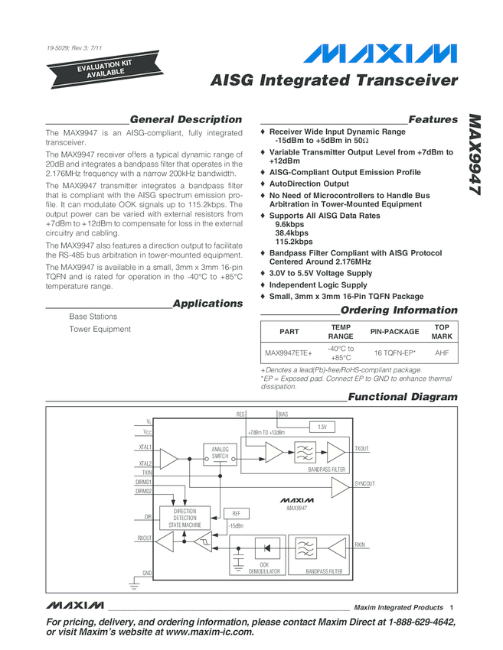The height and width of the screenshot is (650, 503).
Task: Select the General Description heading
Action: coord(186,119)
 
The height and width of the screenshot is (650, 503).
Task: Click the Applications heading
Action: coord(207,304)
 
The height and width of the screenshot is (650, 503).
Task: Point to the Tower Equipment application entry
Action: coord(100,329)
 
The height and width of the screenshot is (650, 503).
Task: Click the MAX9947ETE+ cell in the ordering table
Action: coord(289,353)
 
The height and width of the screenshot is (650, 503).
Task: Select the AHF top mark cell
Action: coord(442,353)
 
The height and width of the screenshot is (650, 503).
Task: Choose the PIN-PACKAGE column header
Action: coord(394,332)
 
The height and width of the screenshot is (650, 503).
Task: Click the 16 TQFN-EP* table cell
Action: coord(394,353)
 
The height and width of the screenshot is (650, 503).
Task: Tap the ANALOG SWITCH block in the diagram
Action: coord(220,453)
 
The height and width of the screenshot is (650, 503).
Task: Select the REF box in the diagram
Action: coord(236,514)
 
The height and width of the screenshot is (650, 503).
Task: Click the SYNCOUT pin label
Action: coord(365,484)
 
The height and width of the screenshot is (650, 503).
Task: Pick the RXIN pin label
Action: coord(361,544)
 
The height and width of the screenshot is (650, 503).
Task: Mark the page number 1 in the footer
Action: coord(452,608)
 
